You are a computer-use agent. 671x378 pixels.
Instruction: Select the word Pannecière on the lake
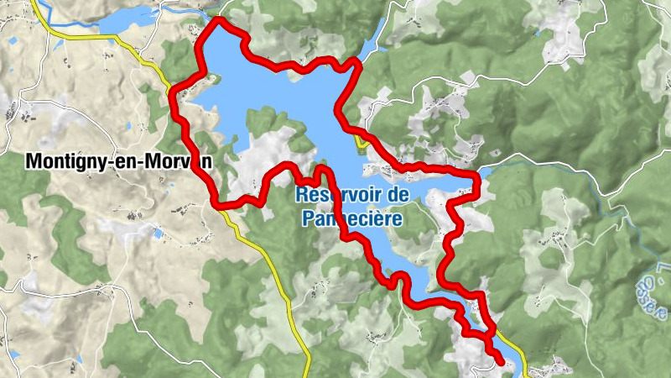click(x=351, y=218)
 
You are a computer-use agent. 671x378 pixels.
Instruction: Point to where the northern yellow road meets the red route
click(x=174, y=87)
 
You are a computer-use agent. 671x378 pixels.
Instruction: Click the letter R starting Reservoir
click(x=301, y=195)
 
